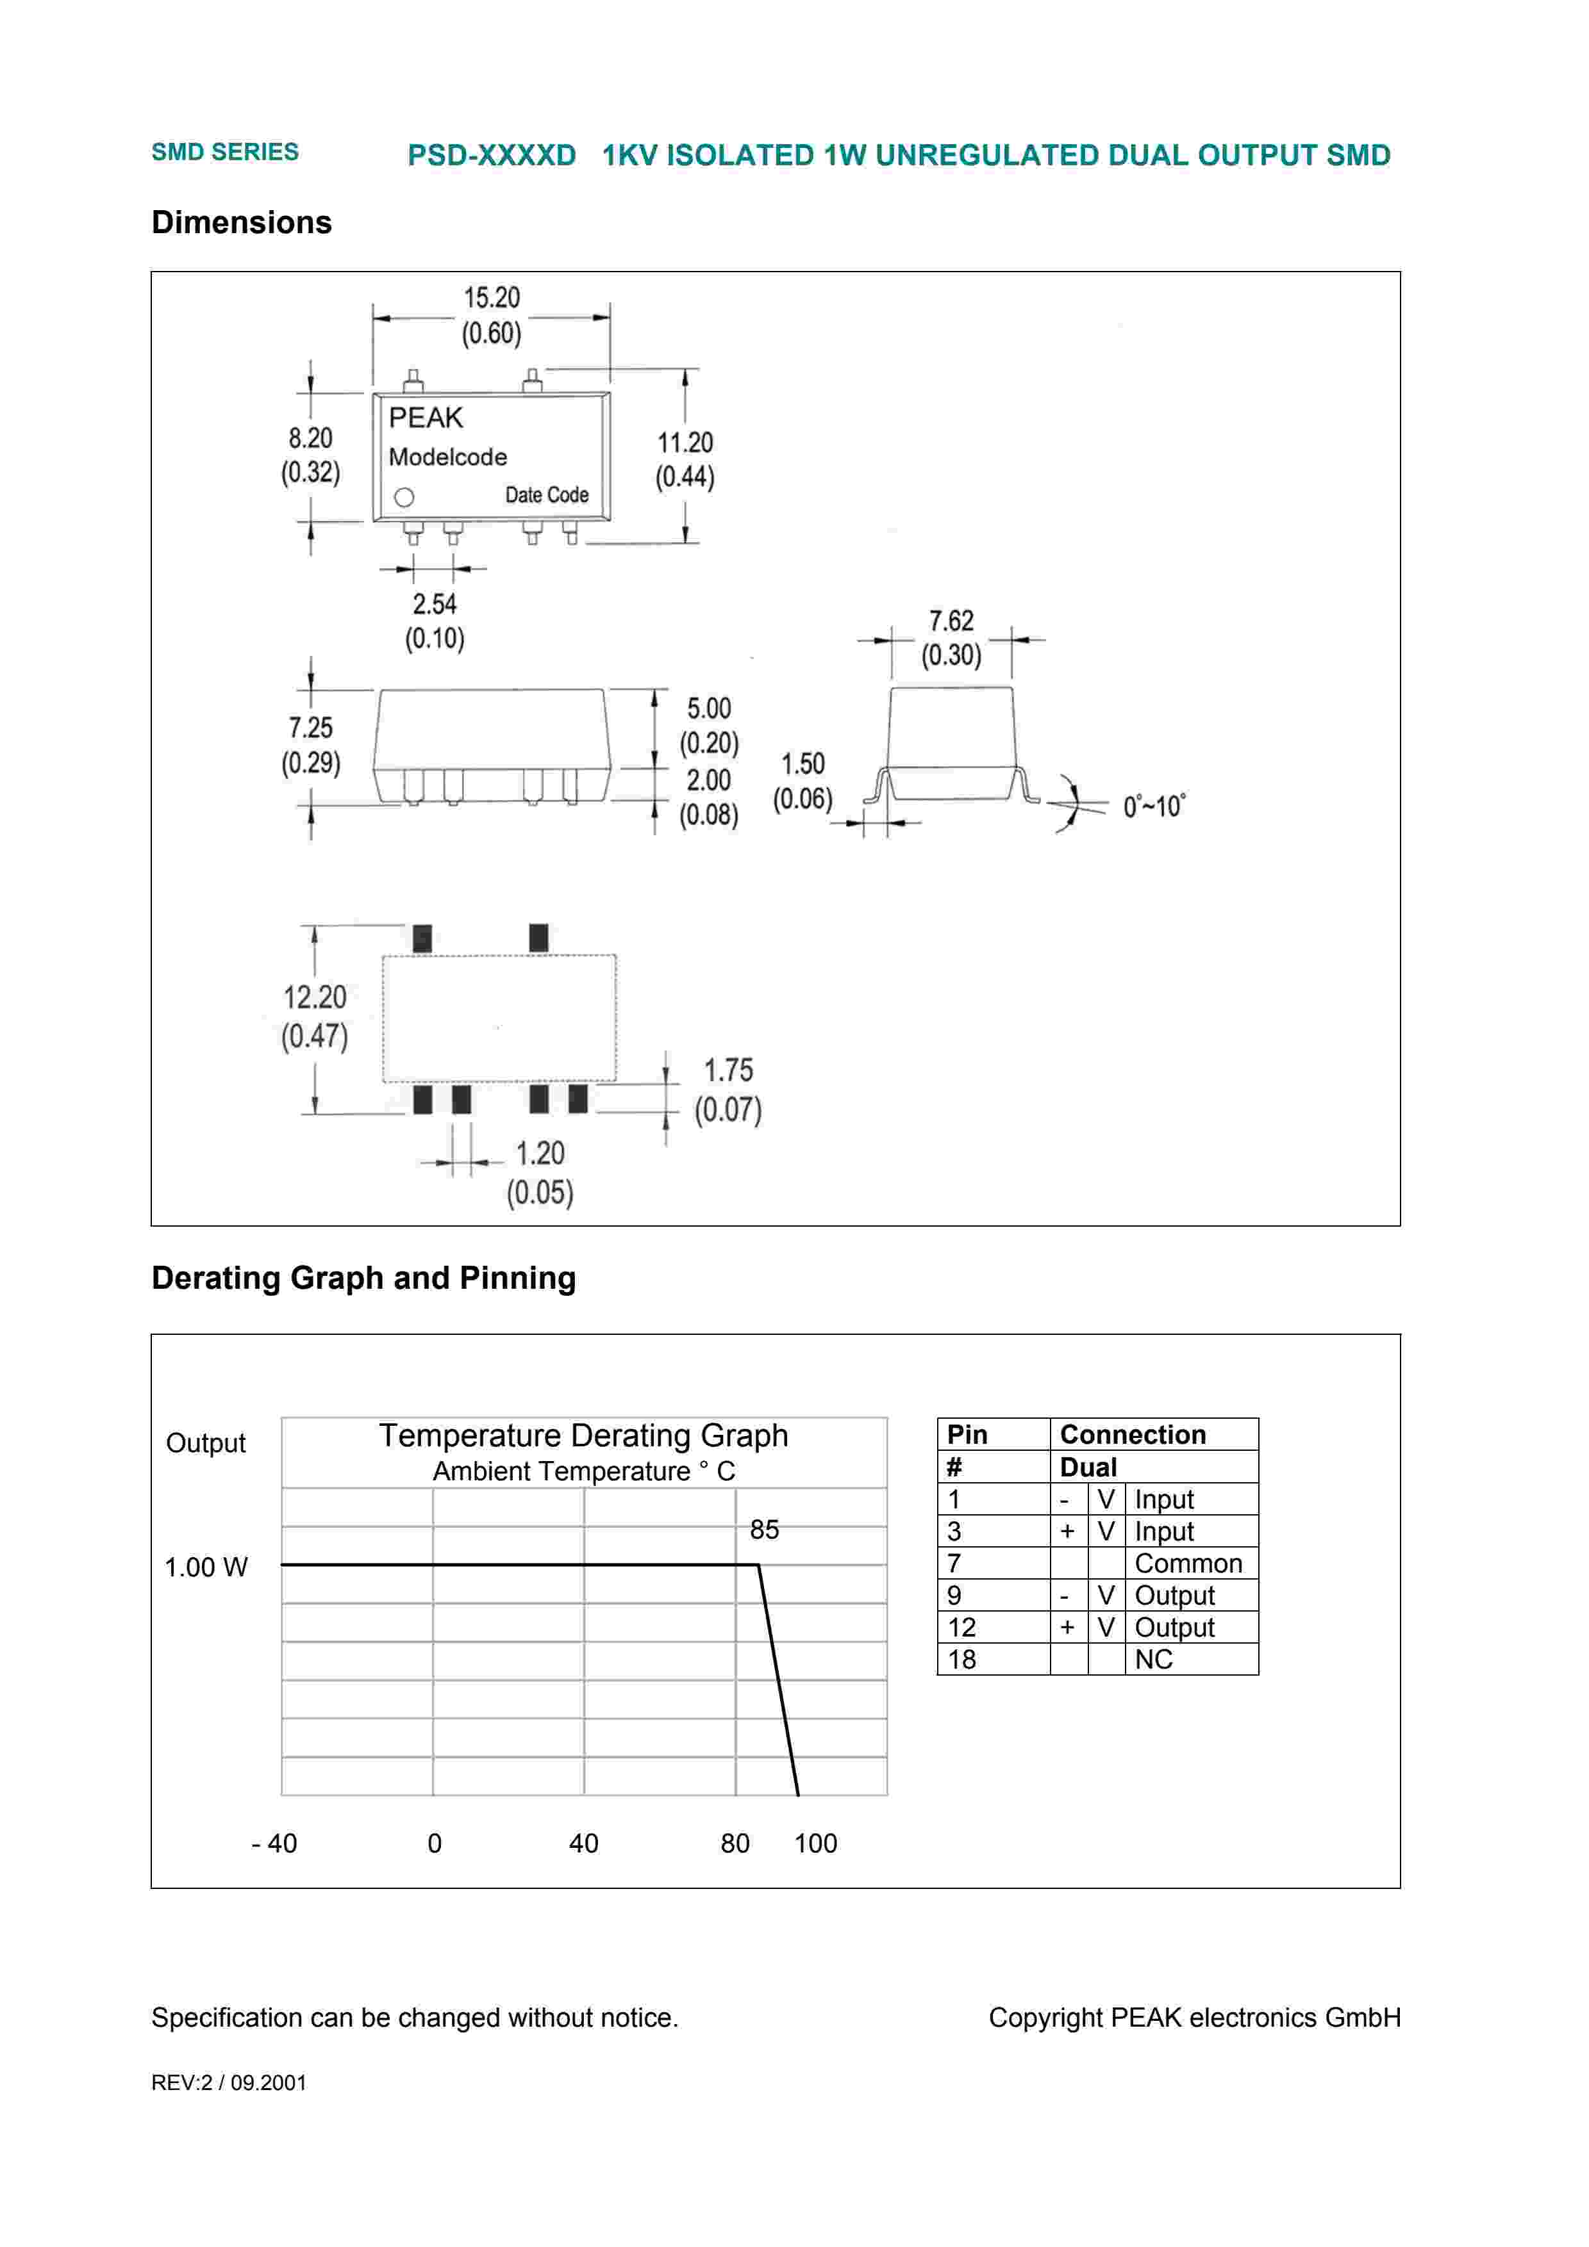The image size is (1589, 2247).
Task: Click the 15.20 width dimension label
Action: point(492,297)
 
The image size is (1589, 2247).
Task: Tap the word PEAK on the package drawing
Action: point(425,418)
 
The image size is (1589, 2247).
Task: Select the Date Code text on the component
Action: point(546,495)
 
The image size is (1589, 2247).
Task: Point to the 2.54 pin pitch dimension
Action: point(435,604)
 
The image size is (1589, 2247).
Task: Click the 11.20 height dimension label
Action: point(685,443)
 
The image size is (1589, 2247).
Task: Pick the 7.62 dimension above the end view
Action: point(951,621)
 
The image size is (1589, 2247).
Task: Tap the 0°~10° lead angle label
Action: point(1153,806)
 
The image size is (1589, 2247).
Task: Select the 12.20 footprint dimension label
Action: point(314,998)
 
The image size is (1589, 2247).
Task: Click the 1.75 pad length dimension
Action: point(728,1070)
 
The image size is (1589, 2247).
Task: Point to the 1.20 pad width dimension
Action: point(540,1154)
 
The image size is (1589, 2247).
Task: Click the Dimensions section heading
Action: point(242,223)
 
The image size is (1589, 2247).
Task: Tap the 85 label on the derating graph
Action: point(763,1530)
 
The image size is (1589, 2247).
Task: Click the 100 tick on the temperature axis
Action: point(815,1844)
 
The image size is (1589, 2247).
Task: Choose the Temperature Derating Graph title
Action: point(583,1435)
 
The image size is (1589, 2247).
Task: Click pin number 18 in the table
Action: point(961,1660)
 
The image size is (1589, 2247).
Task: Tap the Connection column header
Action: point(1133,1435)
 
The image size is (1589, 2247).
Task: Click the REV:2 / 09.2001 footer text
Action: point(228,2082)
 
